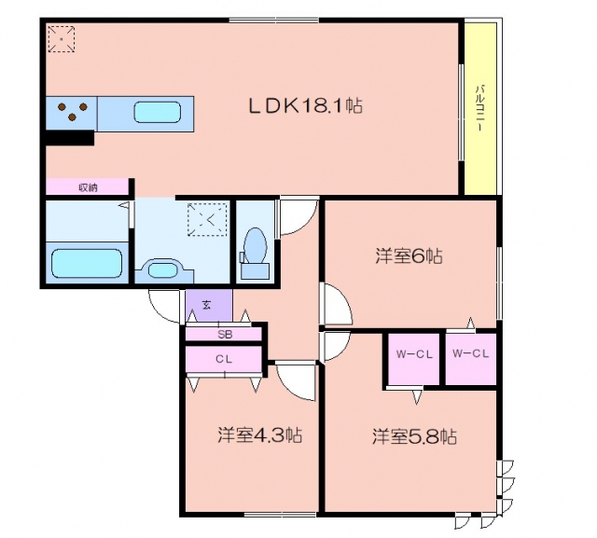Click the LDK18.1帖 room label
click(305, 105)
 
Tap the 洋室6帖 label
click(409, 255)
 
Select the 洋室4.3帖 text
click(260, 435)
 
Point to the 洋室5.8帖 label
click(414, 436)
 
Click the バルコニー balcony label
click(479, 108)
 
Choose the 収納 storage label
click(88, 187)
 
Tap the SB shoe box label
click(225, 335)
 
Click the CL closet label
click(224, 359)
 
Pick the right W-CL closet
click(470, 359)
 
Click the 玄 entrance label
click(206, 305)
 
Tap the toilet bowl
click(255, 245)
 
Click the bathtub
click(87, 263)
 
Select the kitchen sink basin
click(158, 112)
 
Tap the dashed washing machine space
click(207, 219)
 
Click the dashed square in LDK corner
click(61, 38)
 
